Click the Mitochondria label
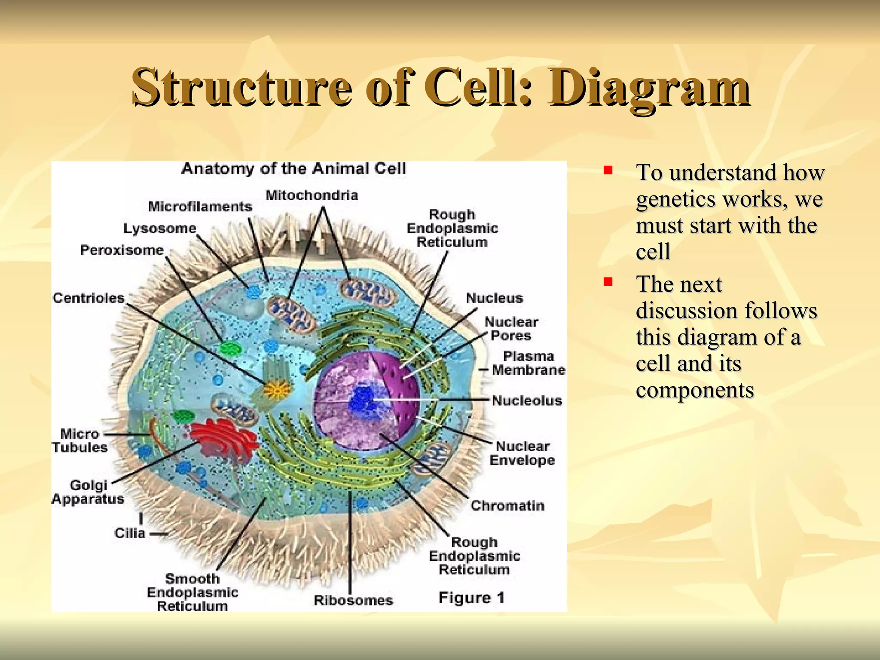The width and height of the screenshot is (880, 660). click(x=312, y=196)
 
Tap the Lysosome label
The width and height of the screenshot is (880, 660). click(x=160, y=228)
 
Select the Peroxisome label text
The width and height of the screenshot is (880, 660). click(x=122, y=250)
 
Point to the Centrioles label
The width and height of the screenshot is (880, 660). click(x=89, y=298)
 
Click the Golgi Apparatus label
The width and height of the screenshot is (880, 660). click(x=88, y=492)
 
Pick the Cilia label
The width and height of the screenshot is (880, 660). click(x=130, y=533)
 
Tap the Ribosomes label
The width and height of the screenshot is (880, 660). click(x=353, y=600)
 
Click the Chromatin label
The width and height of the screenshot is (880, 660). click(x=507, y=506)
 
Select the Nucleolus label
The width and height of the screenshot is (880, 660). click(x=527, y=401)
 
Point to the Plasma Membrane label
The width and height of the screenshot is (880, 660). click(x=529, y=363)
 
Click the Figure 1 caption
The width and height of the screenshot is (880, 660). click(x=471, y=598)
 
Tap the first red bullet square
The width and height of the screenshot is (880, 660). click(x=608, y=171)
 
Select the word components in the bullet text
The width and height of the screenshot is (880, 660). click(x=695, y=390)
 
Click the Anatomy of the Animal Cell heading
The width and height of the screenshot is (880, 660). click(x=293, y=168)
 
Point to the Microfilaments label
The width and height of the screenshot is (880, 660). click(x=200, y=207)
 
